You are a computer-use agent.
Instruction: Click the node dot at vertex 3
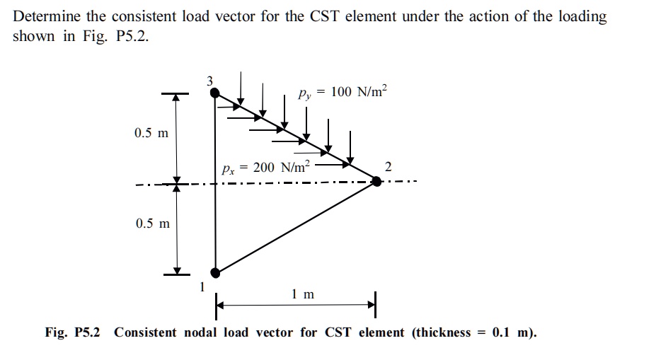coord(215,93)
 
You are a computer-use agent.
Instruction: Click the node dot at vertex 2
coord(376,181)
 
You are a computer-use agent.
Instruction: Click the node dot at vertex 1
coord(215,272)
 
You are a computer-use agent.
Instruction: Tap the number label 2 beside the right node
coord(387,167)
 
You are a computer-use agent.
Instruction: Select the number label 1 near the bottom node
coord(203,286)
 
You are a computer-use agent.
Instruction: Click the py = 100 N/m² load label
coord(343,93)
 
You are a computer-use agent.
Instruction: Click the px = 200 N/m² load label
coord(265,168)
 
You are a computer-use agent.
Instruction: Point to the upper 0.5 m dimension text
coord(151,133)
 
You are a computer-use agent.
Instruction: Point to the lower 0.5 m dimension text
coord(151,223)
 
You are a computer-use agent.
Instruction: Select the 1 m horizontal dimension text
coord(302,294)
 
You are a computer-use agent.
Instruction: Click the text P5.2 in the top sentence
coord(131,37)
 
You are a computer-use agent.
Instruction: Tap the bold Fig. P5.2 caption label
coord(73,332)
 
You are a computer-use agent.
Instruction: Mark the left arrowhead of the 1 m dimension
coord(220,306)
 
